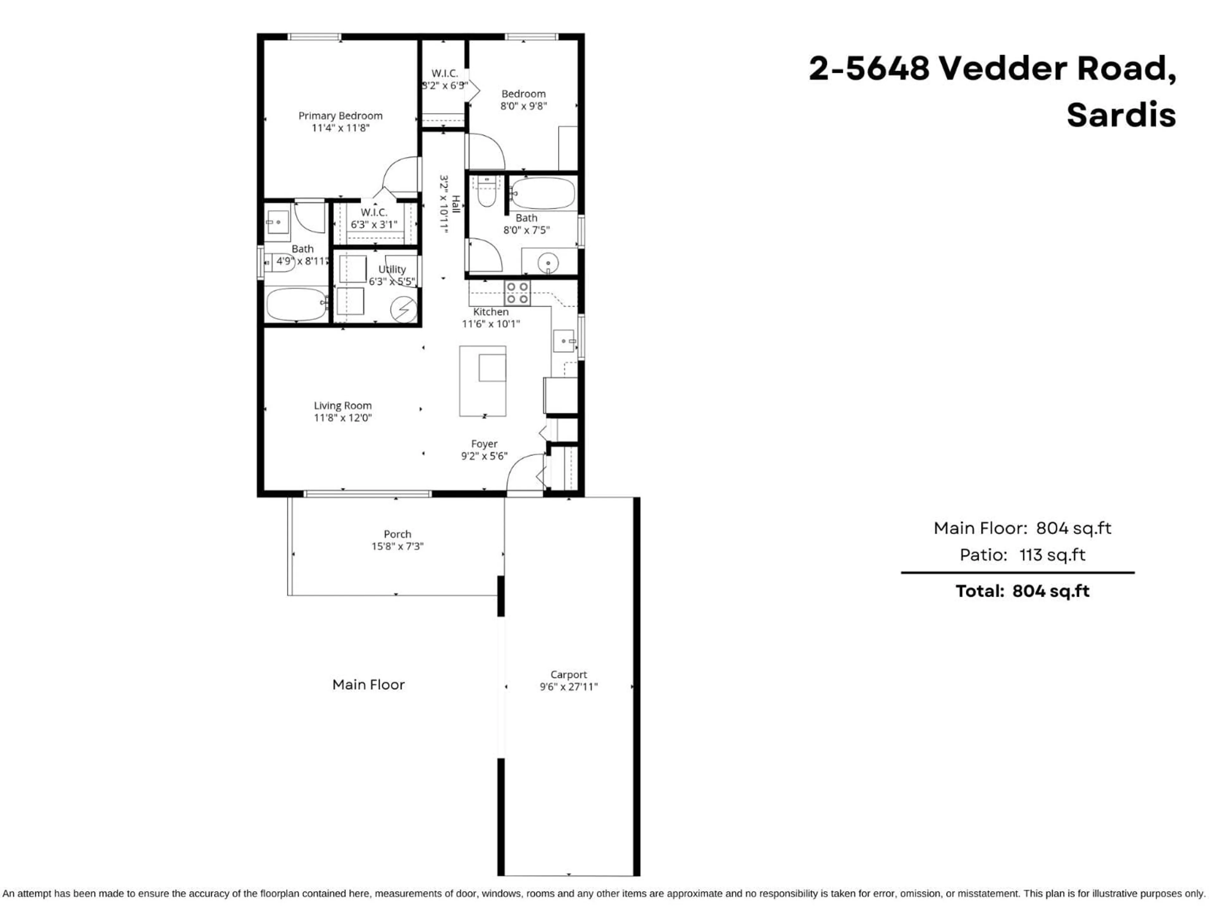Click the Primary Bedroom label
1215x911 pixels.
(340, 115)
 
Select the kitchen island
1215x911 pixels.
(482, 381)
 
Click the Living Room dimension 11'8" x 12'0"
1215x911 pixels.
(343, 418)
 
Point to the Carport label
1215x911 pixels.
(569, 674)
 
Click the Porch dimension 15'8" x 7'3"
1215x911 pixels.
(397, 546)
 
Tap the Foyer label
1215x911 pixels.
(484, 444)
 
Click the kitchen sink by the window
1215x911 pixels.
(564, 341)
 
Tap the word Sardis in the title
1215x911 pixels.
(1120, 115)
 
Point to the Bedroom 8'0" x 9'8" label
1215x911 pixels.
(523, 99)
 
